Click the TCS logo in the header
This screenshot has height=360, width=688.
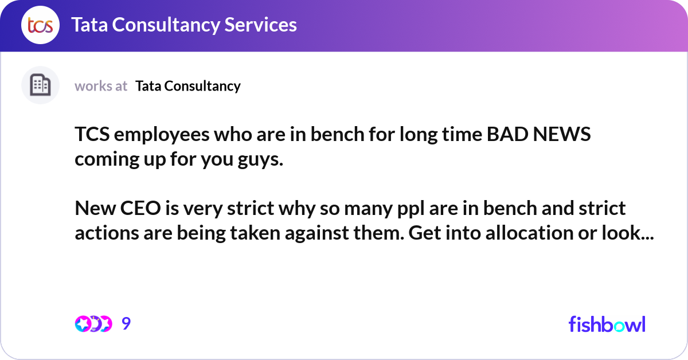(40, 25)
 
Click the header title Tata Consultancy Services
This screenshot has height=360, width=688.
(183, 25)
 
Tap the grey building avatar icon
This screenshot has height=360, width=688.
(40, 85)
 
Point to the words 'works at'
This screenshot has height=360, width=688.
(101, 86)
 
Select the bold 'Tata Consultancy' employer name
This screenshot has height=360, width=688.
(188, 86)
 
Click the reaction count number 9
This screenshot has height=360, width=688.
(126, 324)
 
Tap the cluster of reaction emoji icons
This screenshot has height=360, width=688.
(93, 324)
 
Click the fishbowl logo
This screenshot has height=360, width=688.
(607, 324)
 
